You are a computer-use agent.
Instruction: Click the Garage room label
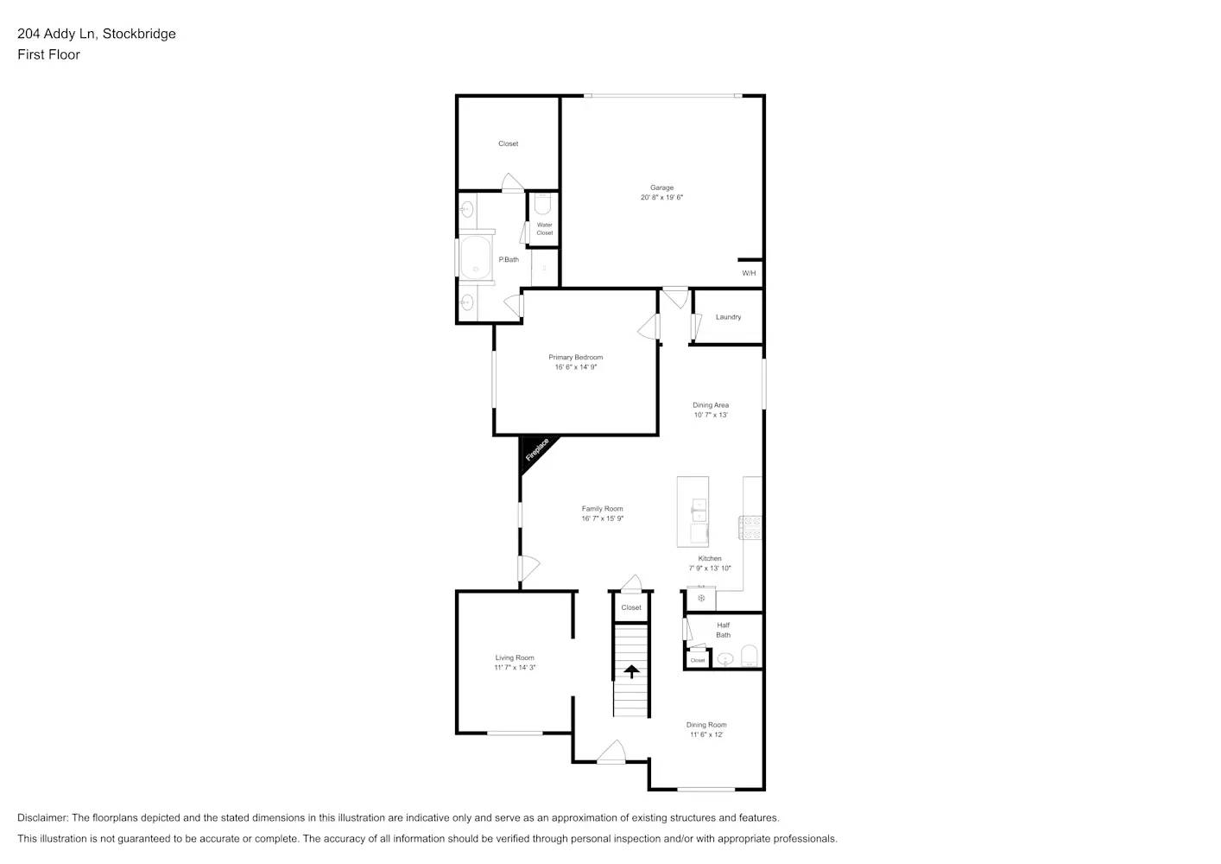point(661,187)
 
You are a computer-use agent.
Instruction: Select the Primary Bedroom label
point(575,357)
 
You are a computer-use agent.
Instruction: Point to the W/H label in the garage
point(749,273)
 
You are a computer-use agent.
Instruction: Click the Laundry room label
point(728,317)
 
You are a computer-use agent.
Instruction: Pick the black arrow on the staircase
point(631,671)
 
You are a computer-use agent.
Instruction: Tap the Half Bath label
point(723,630)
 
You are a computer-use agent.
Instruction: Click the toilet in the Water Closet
point(542,204)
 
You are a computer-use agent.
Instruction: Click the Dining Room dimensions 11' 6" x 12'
point(706,735)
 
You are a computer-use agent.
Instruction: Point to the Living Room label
point(515,658)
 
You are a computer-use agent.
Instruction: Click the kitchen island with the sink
point(693,511)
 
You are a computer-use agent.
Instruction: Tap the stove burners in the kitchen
point(750,528)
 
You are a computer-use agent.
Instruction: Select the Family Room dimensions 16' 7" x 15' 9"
point(602,518)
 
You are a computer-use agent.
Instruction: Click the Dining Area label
point(711,404)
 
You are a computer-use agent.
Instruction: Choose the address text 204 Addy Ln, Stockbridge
point(97,34)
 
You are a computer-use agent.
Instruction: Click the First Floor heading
point(48,54)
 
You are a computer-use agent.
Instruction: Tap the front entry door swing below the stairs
point(610,753)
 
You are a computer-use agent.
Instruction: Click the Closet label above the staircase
point(631,607)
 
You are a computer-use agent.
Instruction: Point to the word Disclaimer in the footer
point(42,817)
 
